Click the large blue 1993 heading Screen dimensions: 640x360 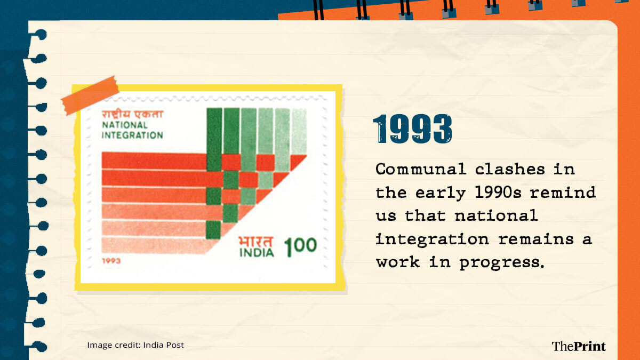click(x=413, y=129)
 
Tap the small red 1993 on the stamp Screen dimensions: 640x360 click(x=111, y=261)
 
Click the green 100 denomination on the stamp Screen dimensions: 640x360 click(x=301, y=246)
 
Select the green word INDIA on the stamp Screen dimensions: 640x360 click(x=257, y=253)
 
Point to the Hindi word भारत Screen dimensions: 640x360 click(x=256, y=242)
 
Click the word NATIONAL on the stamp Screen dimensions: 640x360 click(x=125, y=125)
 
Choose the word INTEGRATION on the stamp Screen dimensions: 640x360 click(x=132, y=135)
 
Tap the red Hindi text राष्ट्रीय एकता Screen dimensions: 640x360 click(x=132, y=114)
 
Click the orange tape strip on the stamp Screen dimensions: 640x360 click(x=90, y=95)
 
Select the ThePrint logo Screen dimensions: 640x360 click(x=578, y=346)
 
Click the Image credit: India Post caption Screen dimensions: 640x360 click(x=135, y=345)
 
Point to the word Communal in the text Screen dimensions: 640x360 click(x=421, y=169)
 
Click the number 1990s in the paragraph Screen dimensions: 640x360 click(x=498, y=193)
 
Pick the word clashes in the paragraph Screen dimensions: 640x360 click(x=510, y=169)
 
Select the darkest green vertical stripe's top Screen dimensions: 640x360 click(x=214, y=109)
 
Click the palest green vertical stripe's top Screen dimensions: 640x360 click(x=299, y=110)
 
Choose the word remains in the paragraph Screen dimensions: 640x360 click(x=536, y=239)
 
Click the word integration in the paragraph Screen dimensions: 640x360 click(x=431, y=239)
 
